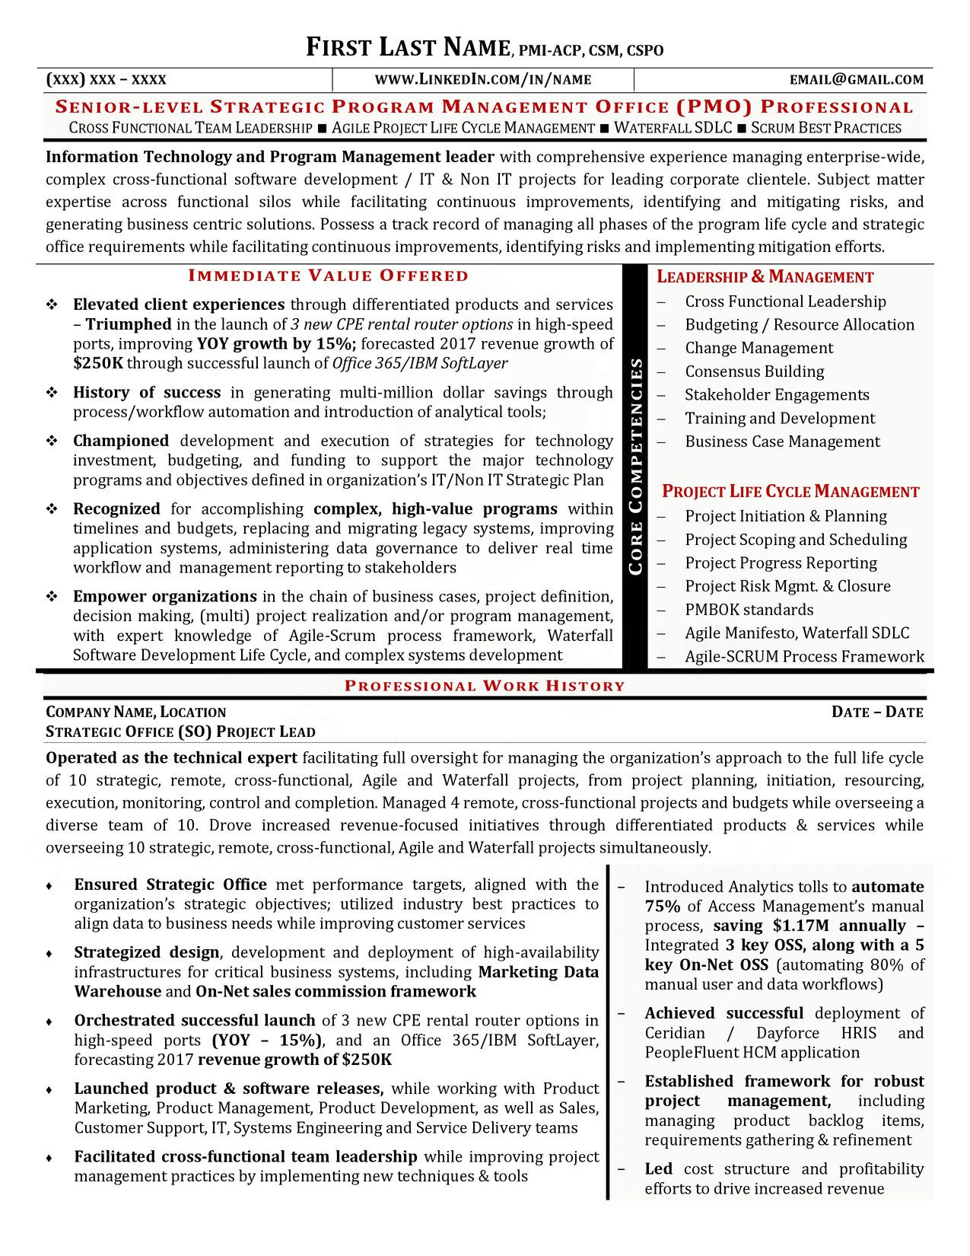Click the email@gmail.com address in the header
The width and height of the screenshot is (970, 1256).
point(856,80)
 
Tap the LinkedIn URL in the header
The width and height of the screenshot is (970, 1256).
point(483,80)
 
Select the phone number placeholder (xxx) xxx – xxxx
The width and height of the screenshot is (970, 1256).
point(107,80)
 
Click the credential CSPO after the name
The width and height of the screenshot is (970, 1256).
point(645,51)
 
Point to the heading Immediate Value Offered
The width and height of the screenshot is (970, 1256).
point(329,276)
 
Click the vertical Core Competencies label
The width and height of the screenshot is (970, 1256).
point(636,466)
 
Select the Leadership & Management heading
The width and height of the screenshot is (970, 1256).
point(765,277)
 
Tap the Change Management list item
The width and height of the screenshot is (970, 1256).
point(759,349)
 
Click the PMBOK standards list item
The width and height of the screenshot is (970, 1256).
point(749,610)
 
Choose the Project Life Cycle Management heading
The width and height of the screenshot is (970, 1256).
point(790,492)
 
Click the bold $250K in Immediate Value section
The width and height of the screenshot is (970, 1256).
point(97,364)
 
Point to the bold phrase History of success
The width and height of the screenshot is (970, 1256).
point(147,393)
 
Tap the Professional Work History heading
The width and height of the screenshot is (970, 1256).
point(485,686)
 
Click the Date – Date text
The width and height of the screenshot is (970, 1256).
point(877,712)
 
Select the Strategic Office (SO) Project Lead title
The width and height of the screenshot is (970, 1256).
point(180,732)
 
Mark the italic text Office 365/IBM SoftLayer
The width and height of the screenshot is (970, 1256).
point(420,364)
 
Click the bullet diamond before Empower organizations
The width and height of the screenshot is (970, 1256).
point(52,597)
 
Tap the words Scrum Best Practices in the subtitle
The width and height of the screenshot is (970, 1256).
point(825,129)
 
